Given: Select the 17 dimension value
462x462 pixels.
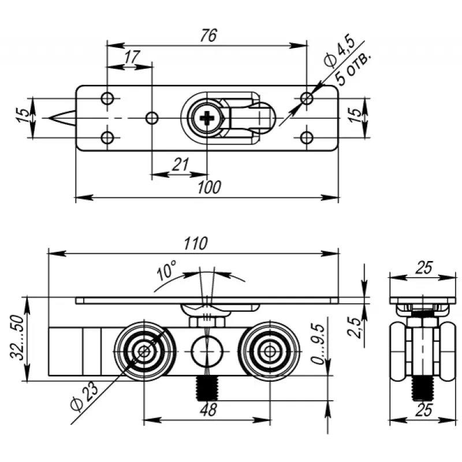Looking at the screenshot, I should (x=132, y=57).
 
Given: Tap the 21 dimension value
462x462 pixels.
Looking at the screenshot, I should (x=181, y=166).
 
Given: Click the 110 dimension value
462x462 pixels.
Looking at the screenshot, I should (x=195, y=244).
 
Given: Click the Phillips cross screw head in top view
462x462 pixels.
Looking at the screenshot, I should (x=206, y=119).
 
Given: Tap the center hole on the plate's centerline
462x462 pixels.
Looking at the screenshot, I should (x=151, y=118).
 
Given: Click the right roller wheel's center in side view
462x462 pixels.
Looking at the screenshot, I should (x=269, y=350).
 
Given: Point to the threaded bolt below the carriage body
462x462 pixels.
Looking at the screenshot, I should (x=207, y=388).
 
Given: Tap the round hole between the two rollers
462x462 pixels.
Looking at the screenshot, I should (x=206, y=350).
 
